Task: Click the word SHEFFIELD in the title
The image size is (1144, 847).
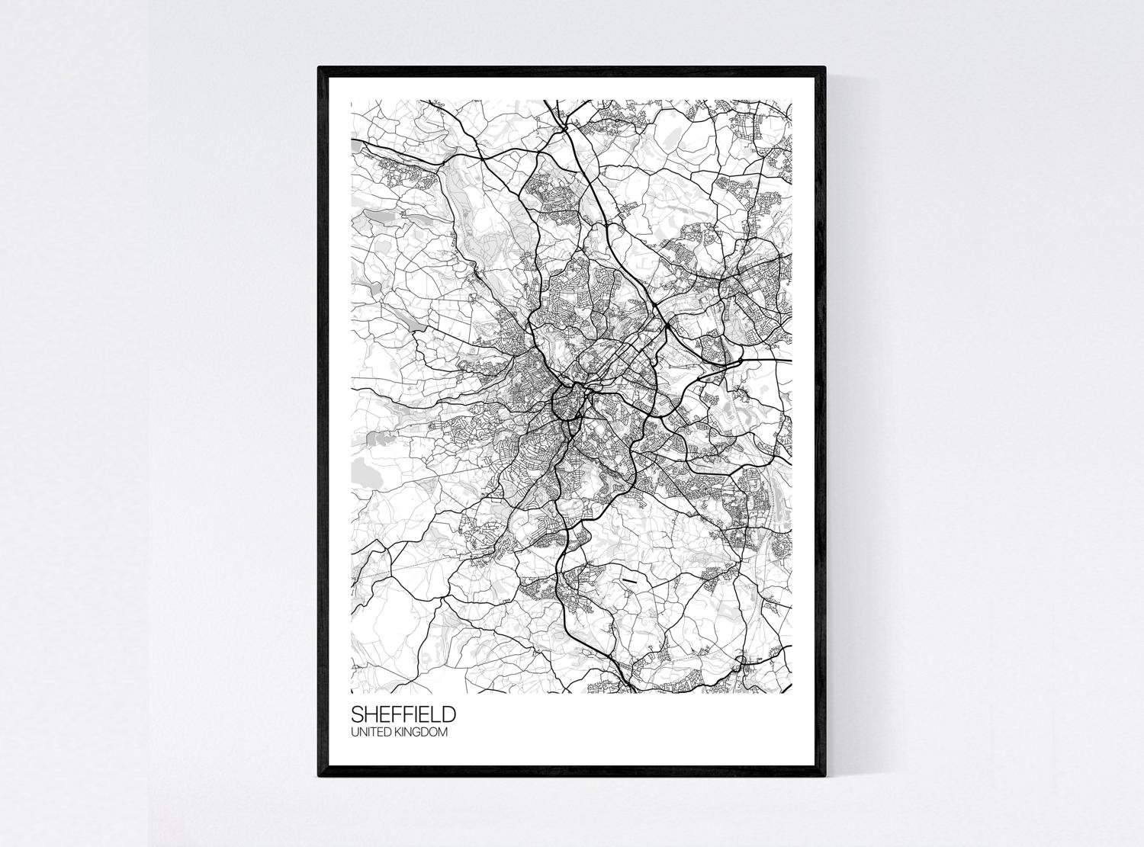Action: point(403,714)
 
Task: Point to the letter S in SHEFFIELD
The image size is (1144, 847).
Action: point(357,714)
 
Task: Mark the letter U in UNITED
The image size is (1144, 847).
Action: point(354,733)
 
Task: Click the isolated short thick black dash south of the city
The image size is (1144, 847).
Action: point(628,581)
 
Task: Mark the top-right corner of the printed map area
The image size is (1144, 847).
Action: point(792,100)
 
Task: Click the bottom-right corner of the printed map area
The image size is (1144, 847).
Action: point(792,693)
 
